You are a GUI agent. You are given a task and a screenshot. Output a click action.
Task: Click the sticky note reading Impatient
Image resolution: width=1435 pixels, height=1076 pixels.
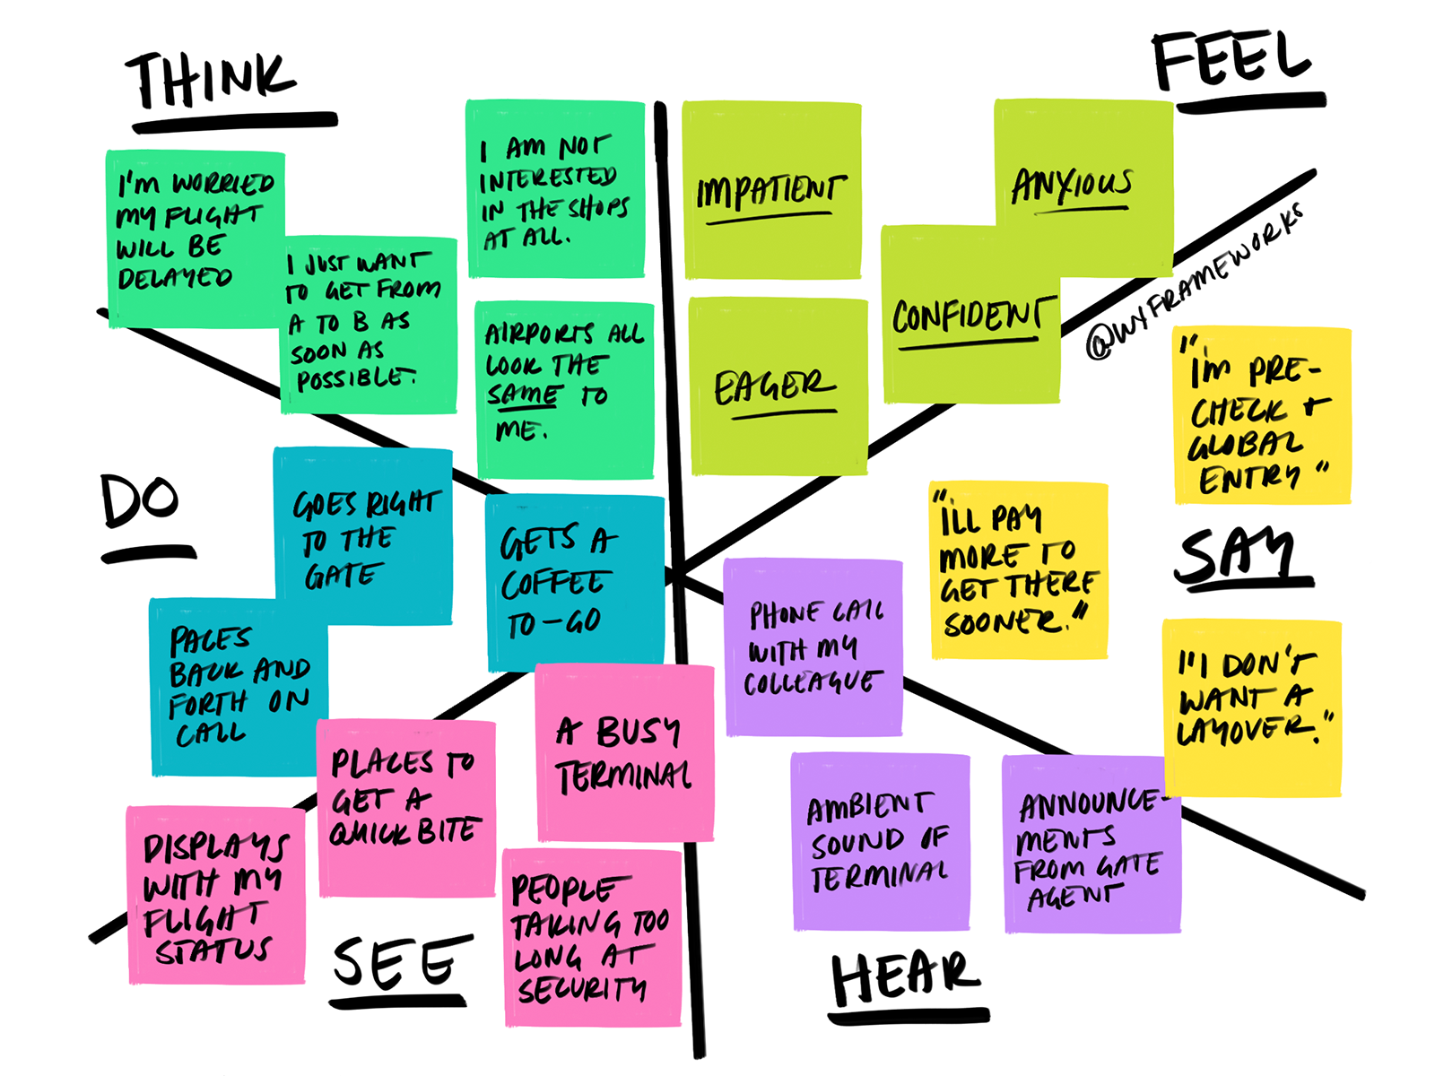pos(771,189)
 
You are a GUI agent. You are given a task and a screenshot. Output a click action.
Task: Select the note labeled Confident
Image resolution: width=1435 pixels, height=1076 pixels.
pos(970,315)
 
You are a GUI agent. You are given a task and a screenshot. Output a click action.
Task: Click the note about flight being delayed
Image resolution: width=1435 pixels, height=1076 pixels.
pos(196,239)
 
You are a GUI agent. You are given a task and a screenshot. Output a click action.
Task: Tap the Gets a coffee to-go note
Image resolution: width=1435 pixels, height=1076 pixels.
pos(575,583)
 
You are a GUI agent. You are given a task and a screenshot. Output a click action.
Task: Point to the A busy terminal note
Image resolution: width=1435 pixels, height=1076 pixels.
pos(625,752)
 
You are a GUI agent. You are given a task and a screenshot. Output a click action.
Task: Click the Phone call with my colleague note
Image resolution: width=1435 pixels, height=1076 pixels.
pos(813,647)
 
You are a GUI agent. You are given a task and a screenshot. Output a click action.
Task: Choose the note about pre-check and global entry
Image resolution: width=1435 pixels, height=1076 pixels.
pos(1263,415)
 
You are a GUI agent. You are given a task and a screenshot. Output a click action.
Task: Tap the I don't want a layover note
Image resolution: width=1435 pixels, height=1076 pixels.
pos(1253,708)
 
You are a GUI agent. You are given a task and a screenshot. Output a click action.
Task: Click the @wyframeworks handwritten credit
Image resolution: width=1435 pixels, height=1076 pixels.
pos(1194,282)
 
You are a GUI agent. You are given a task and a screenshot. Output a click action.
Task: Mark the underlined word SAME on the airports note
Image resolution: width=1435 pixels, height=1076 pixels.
pos(523,395)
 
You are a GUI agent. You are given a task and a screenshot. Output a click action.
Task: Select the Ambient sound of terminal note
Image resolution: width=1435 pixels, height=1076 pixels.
pos(880,841)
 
